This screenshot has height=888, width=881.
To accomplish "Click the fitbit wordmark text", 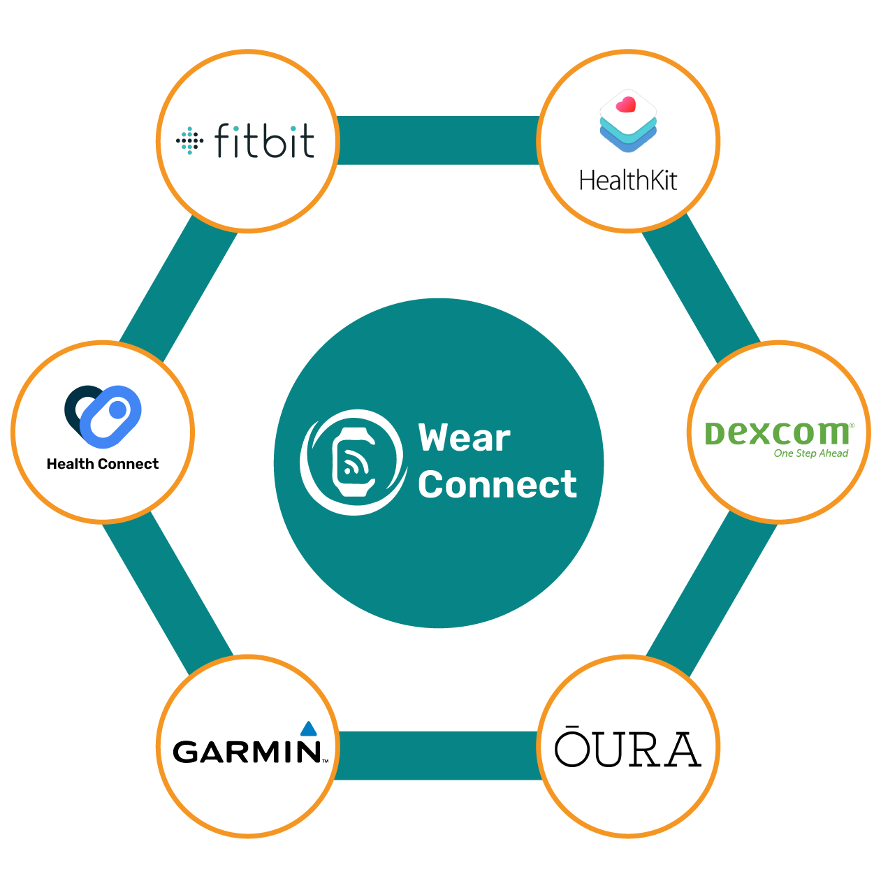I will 265,140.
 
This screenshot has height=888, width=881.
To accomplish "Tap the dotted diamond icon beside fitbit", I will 189,140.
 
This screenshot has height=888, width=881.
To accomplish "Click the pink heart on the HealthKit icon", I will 627,105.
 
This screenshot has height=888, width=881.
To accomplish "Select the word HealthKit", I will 628,181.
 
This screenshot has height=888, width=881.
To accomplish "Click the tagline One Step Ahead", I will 810,453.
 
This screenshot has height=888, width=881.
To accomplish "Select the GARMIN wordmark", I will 247,752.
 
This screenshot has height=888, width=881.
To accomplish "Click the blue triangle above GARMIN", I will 309,729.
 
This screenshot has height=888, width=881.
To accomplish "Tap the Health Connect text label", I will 103,464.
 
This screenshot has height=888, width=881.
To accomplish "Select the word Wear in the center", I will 465,438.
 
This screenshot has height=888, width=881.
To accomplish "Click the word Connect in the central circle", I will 497,484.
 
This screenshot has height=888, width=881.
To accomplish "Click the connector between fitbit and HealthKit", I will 438,140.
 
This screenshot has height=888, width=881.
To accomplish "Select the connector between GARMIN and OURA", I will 438,755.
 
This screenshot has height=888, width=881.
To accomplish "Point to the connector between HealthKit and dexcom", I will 701,286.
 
